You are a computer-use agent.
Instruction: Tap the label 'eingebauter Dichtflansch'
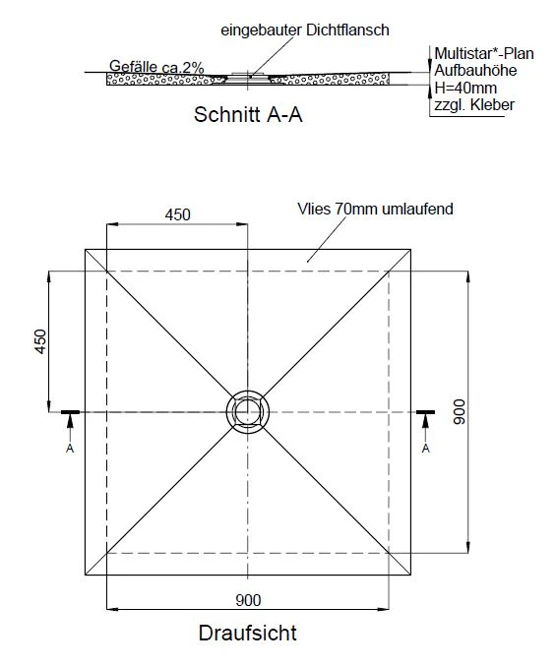click(x=306, y=30)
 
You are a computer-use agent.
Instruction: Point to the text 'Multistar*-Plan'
click(x=477, y=53)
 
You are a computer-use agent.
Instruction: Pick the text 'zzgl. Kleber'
click(x=474, y=104)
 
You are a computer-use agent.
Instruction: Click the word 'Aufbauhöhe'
click(x=468, y=71)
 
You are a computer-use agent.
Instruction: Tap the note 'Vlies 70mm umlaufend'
click(x=374, y=210)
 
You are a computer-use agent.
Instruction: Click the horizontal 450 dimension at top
click(x=177, y=215)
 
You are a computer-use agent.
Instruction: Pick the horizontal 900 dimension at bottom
click(x=247, y=599)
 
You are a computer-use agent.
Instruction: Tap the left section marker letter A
click(x=69, y=449)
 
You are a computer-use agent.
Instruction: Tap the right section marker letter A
click(x=426, y=449)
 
